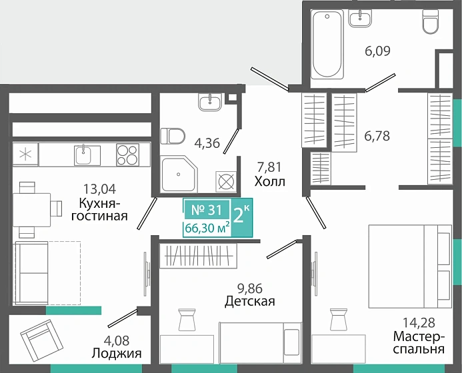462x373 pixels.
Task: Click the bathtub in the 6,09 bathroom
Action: (327, 44)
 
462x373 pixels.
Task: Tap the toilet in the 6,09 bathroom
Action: (431, 21)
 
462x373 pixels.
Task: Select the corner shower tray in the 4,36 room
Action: (179, 174)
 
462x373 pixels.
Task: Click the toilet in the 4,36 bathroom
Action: (173, 136)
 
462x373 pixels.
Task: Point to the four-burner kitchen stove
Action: (127, 155)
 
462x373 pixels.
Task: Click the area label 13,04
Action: (99, 188)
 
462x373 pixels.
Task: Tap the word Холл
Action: (270, 182)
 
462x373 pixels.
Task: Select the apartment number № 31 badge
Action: (207, 210)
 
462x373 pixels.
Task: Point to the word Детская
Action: (250, 301)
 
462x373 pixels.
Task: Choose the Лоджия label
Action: (117, 353)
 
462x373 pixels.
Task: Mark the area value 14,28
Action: (419, 322)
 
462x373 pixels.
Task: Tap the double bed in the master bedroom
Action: (410, 266)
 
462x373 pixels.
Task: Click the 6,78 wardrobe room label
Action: (377, 136)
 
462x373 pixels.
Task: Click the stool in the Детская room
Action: (187, 320)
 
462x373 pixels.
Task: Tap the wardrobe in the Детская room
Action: (198, 256)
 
